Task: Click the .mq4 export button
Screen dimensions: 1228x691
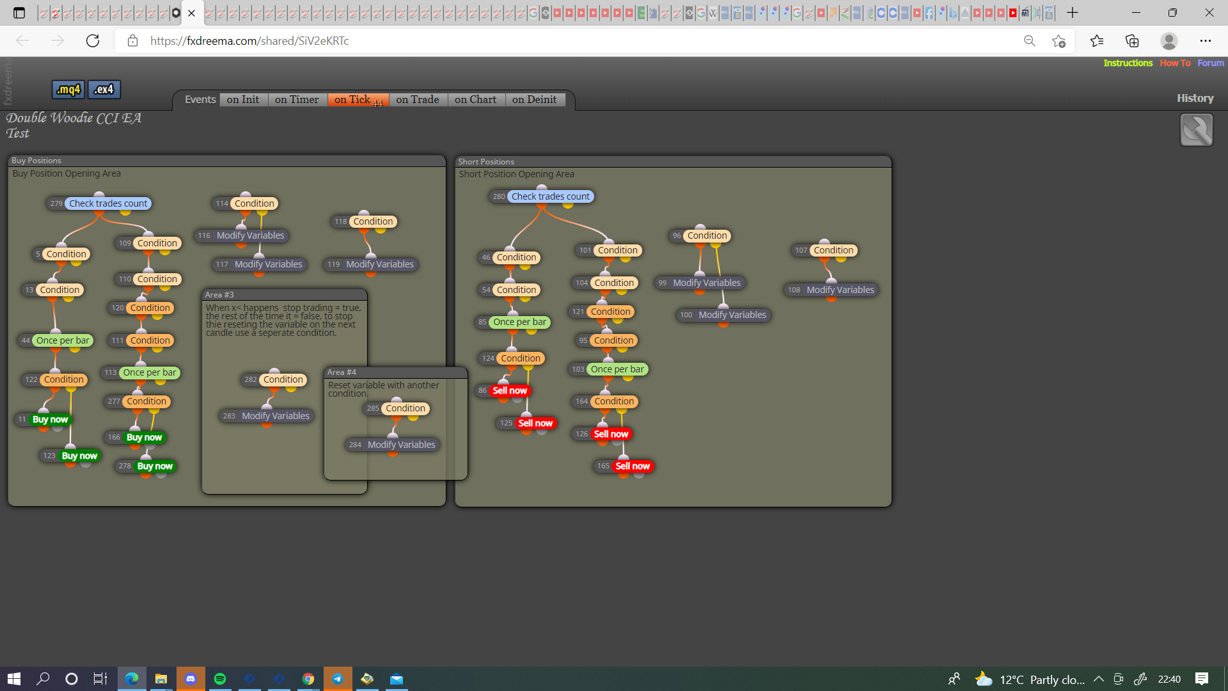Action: (x=68, y=90)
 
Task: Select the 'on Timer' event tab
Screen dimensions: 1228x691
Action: (x=297, y=100)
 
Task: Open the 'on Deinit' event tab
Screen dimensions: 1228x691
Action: (x=535, y=100)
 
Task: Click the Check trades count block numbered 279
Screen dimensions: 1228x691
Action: (x=98, y=203)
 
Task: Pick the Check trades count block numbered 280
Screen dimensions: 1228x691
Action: (x=541, y=196)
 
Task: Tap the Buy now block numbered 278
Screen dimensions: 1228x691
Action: (x=146, y=466)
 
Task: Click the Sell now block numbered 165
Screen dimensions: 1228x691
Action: (x=624, y=466)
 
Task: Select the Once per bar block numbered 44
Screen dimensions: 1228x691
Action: (x=56, y=340)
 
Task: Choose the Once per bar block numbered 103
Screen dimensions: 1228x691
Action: (x=608, y=369)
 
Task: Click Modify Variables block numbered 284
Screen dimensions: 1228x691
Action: (x=393, y=445)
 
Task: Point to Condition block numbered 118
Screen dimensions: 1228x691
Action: (x=365, y=221)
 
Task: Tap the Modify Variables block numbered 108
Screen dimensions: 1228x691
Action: (x=831, y=290)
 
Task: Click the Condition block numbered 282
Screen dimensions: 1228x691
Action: (x=274, y=379)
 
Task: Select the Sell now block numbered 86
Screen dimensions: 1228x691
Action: (x=503, y=390)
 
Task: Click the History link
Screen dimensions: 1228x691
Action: (x=1195, y=98)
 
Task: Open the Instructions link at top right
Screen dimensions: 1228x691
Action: (x=1128, y=63)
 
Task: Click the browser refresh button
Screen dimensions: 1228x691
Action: (x=93, y=41)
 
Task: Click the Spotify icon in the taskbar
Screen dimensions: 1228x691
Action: (x=220, y=679)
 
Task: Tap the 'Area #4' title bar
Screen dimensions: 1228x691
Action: (x=396, y=372)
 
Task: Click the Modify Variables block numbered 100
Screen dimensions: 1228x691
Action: (x=723, y=315)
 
